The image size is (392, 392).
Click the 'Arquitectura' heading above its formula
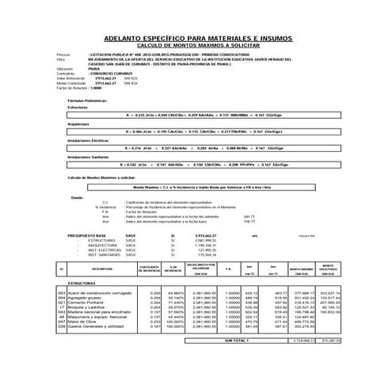click(78, 124)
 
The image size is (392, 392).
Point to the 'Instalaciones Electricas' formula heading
click(89, 139)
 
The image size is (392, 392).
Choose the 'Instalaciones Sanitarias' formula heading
click(89, 157)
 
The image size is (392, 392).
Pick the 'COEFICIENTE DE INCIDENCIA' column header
click(149, 270)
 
